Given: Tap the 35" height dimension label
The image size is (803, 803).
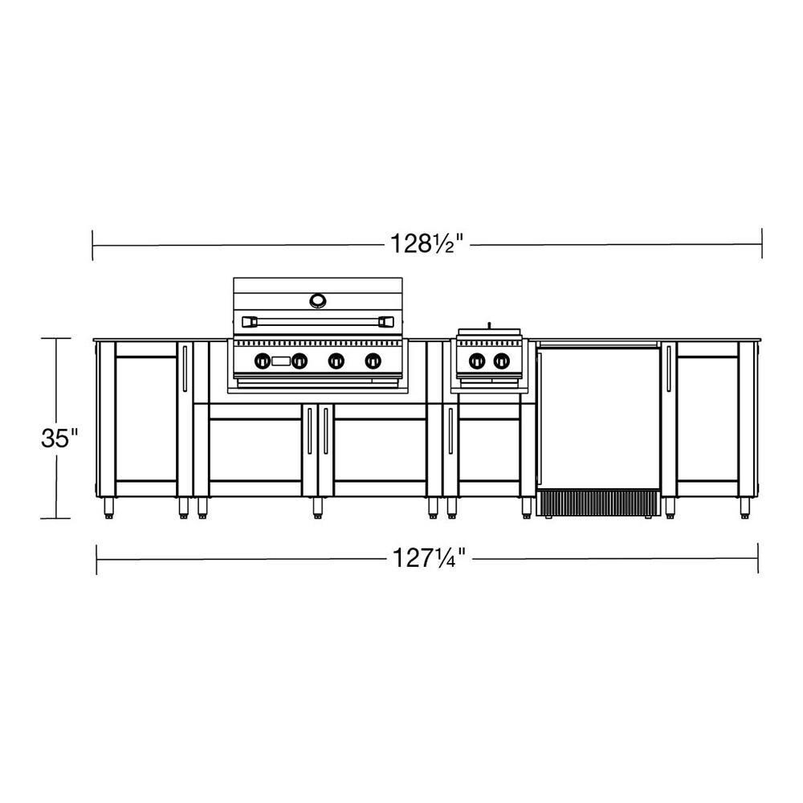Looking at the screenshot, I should [60, 438].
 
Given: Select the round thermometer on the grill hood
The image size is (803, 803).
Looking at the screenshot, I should [319, 300].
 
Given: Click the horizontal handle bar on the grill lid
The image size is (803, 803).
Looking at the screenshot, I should [319, 320].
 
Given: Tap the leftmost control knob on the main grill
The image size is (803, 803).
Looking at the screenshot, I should [263, 361].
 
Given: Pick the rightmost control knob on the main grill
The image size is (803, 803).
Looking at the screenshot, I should [373, 361].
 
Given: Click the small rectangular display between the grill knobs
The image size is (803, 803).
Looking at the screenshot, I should [281, 361].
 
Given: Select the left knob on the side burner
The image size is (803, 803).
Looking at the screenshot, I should [477, 361].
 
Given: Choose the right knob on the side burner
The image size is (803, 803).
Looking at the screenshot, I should [501, 361].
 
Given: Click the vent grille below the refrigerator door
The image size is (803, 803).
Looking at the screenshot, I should [598, 503].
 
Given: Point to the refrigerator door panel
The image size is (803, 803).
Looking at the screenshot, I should [598, 418].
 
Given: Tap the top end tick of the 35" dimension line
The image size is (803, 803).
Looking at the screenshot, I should [56, 339].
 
